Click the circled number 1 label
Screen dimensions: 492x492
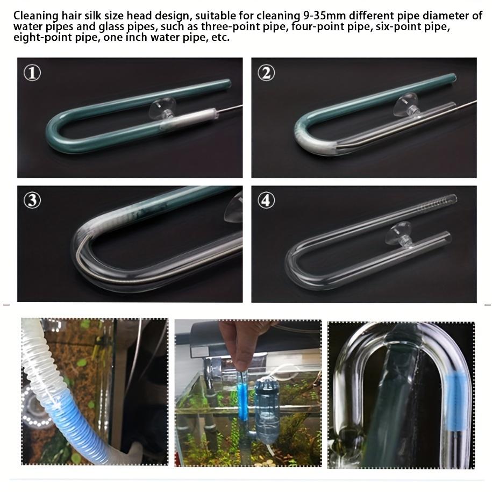32,73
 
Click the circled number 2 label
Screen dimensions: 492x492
266,73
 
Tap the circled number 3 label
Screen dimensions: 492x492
32,200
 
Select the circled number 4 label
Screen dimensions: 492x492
266,200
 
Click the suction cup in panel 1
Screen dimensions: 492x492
162,109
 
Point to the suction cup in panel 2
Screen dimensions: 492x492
407,105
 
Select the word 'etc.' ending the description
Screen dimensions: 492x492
220,38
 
